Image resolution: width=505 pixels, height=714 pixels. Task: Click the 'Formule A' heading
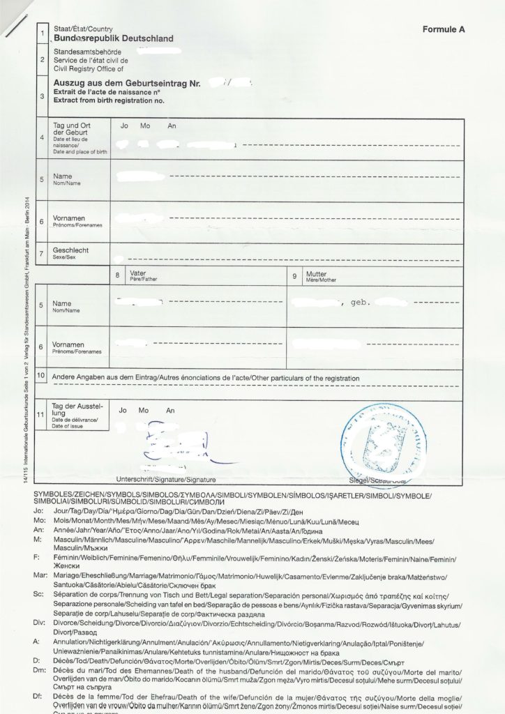click(444, 30)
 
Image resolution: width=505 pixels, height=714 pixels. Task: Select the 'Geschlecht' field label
click(72, 249)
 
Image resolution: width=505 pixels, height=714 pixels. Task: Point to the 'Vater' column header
click(137, 274)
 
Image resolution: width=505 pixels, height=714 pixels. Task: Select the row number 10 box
click(42, 376)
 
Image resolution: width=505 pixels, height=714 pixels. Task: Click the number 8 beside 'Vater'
click(117, 276)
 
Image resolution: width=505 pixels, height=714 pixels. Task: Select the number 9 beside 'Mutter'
click(296, 276)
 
